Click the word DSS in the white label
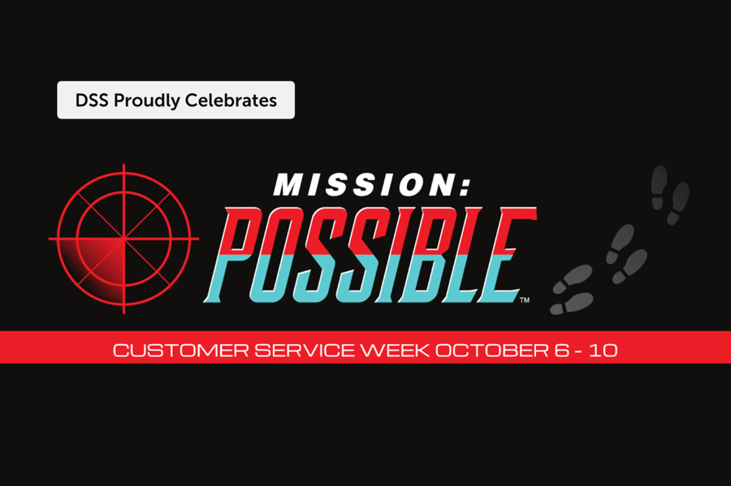coord(91,101)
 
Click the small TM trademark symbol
coord(524,300)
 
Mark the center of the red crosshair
coord(123,239)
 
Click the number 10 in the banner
coord(604,351)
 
